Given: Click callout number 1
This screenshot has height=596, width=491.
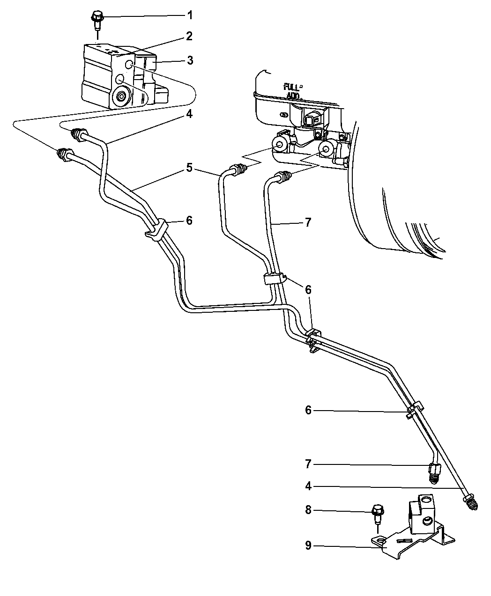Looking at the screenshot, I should [x=190, y=15].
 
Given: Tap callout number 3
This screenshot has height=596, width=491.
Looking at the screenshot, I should [x=190, y=60].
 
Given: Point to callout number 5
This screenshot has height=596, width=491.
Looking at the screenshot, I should [x=189, y=167].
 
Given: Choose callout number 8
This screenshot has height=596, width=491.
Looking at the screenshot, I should [x=308, y=509].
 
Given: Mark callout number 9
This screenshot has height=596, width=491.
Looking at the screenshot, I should [x=308, y=546].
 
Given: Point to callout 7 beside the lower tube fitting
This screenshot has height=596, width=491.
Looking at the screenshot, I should [x=308, y=464].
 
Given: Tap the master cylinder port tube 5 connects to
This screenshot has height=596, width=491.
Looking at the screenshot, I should [x=280, y=145].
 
